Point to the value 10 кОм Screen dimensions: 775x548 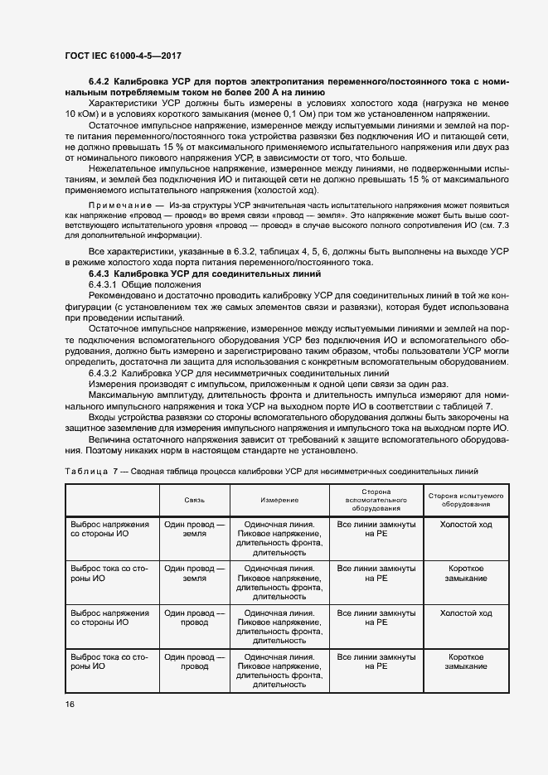[x=84, y=114]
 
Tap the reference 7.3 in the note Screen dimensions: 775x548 [x=502, y=225]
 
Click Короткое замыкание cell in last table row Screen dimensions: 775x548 [x=466, y=661]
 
